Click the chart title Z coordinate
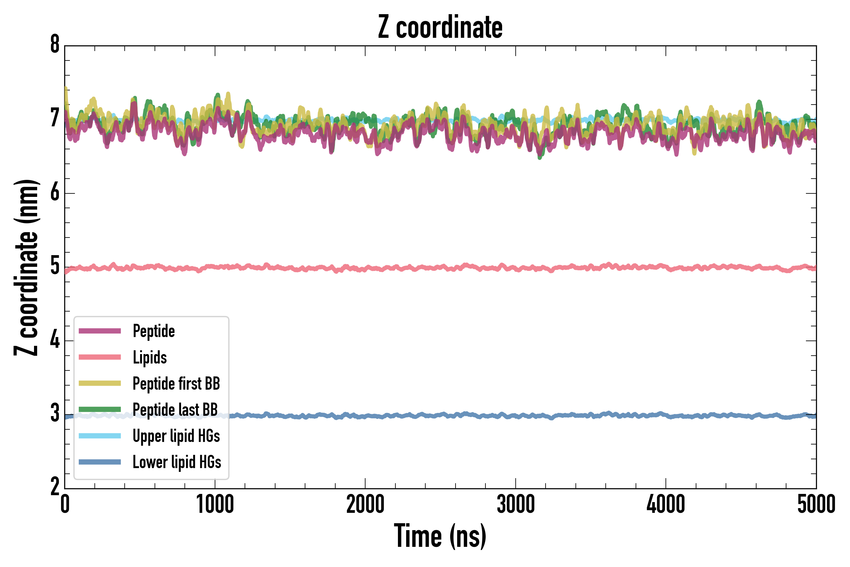440,27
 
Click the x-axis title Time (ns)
440,536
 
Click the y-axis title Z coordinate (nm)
26,267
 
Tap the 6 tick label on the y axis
55,192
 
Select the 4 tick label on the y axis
55,340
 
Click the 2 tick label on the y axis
55,487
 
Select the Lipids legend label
150,357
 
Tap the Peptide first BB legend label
176,383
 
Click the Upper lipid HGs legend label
176,436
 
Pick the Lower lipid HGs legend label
177,462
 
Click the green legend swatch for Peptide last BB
100,409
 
